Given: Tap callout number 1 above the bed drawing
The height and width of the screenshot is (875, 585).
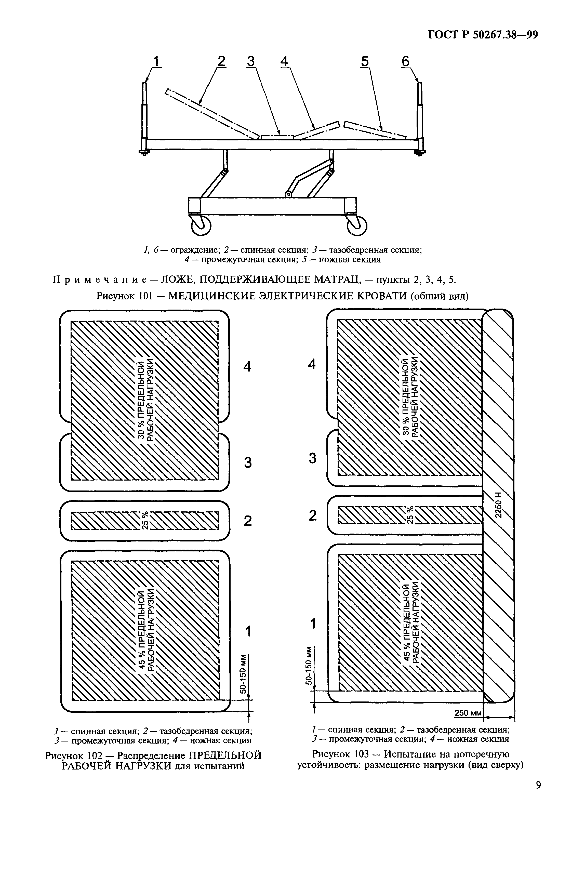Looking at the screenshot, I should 156,61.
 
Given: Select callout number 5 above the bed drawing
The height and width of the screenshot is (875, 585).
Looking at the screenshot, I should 365,61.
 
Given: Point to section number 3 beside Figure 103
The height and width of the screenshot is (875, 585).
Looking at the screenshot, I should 313,458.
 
